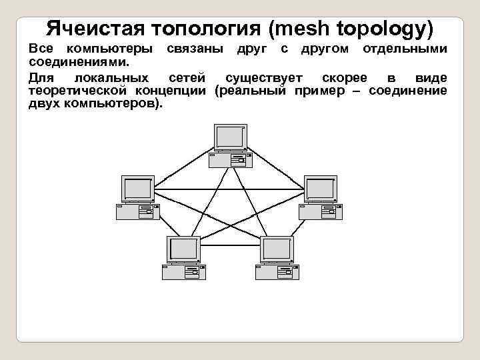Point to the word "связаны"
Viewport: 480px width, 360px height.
(x=195, y=49)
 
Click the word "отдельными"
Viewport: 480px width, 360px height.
(x=405, y=49)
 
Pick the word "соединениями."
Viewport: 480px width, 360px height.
(x=79, y=61)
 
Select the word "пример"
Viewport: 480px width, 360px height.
(x=318, y=91)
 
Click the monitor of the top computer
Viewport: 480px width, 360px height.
(x=231, y=137)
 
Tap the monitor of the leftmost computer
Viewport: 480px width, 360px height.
(x=138, y=189)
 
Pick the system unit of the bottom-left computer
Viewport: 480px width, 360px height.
(x=184, y=272)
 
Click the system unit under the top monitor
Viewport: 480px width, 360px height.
(x=230, y=160)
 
